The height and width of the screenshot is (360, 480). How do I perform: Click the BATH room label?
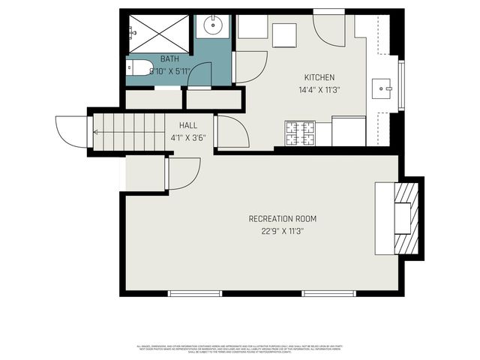pos(169,58)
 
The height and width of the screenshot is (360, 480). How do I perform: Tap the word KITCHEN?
pos(319,78)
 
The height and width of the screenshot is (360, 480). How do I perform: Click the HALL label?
pos(187,125)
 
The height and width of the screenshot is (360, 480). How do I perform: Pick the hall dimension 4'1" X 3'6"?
pos(187,137)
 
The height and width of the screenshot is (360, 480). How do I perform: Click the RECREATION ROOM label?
pos(282,219)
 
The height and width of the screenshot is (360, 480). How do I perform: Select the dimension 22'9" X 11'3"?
pos(282,231)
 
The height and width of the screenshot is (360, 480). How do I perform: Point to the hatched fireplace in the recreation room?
pos(403,217)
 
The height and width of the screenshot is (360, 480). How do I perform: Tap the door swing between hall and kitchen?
pos(231,131)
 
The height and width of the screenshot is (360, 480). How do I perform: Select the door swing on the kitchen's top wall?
pos(328,28)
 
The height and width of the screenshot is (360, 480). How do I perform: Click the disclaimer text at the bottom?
pos(240,349)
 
